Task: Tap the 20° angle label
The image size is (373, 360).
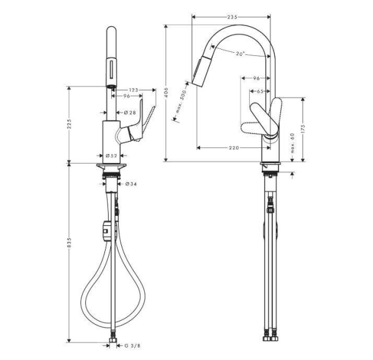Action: [240, 54]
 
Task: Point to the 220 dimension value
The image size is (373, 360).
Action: [234, 148]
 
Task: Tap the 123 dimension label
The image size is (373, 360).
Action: [132, 90]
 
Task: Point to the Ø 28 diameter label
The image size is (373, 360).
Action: [130, 112]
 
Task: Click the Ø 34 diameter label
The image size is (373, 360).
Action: [131, 183]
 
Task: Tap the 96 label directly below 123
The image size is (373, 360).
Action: [127, 97]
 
